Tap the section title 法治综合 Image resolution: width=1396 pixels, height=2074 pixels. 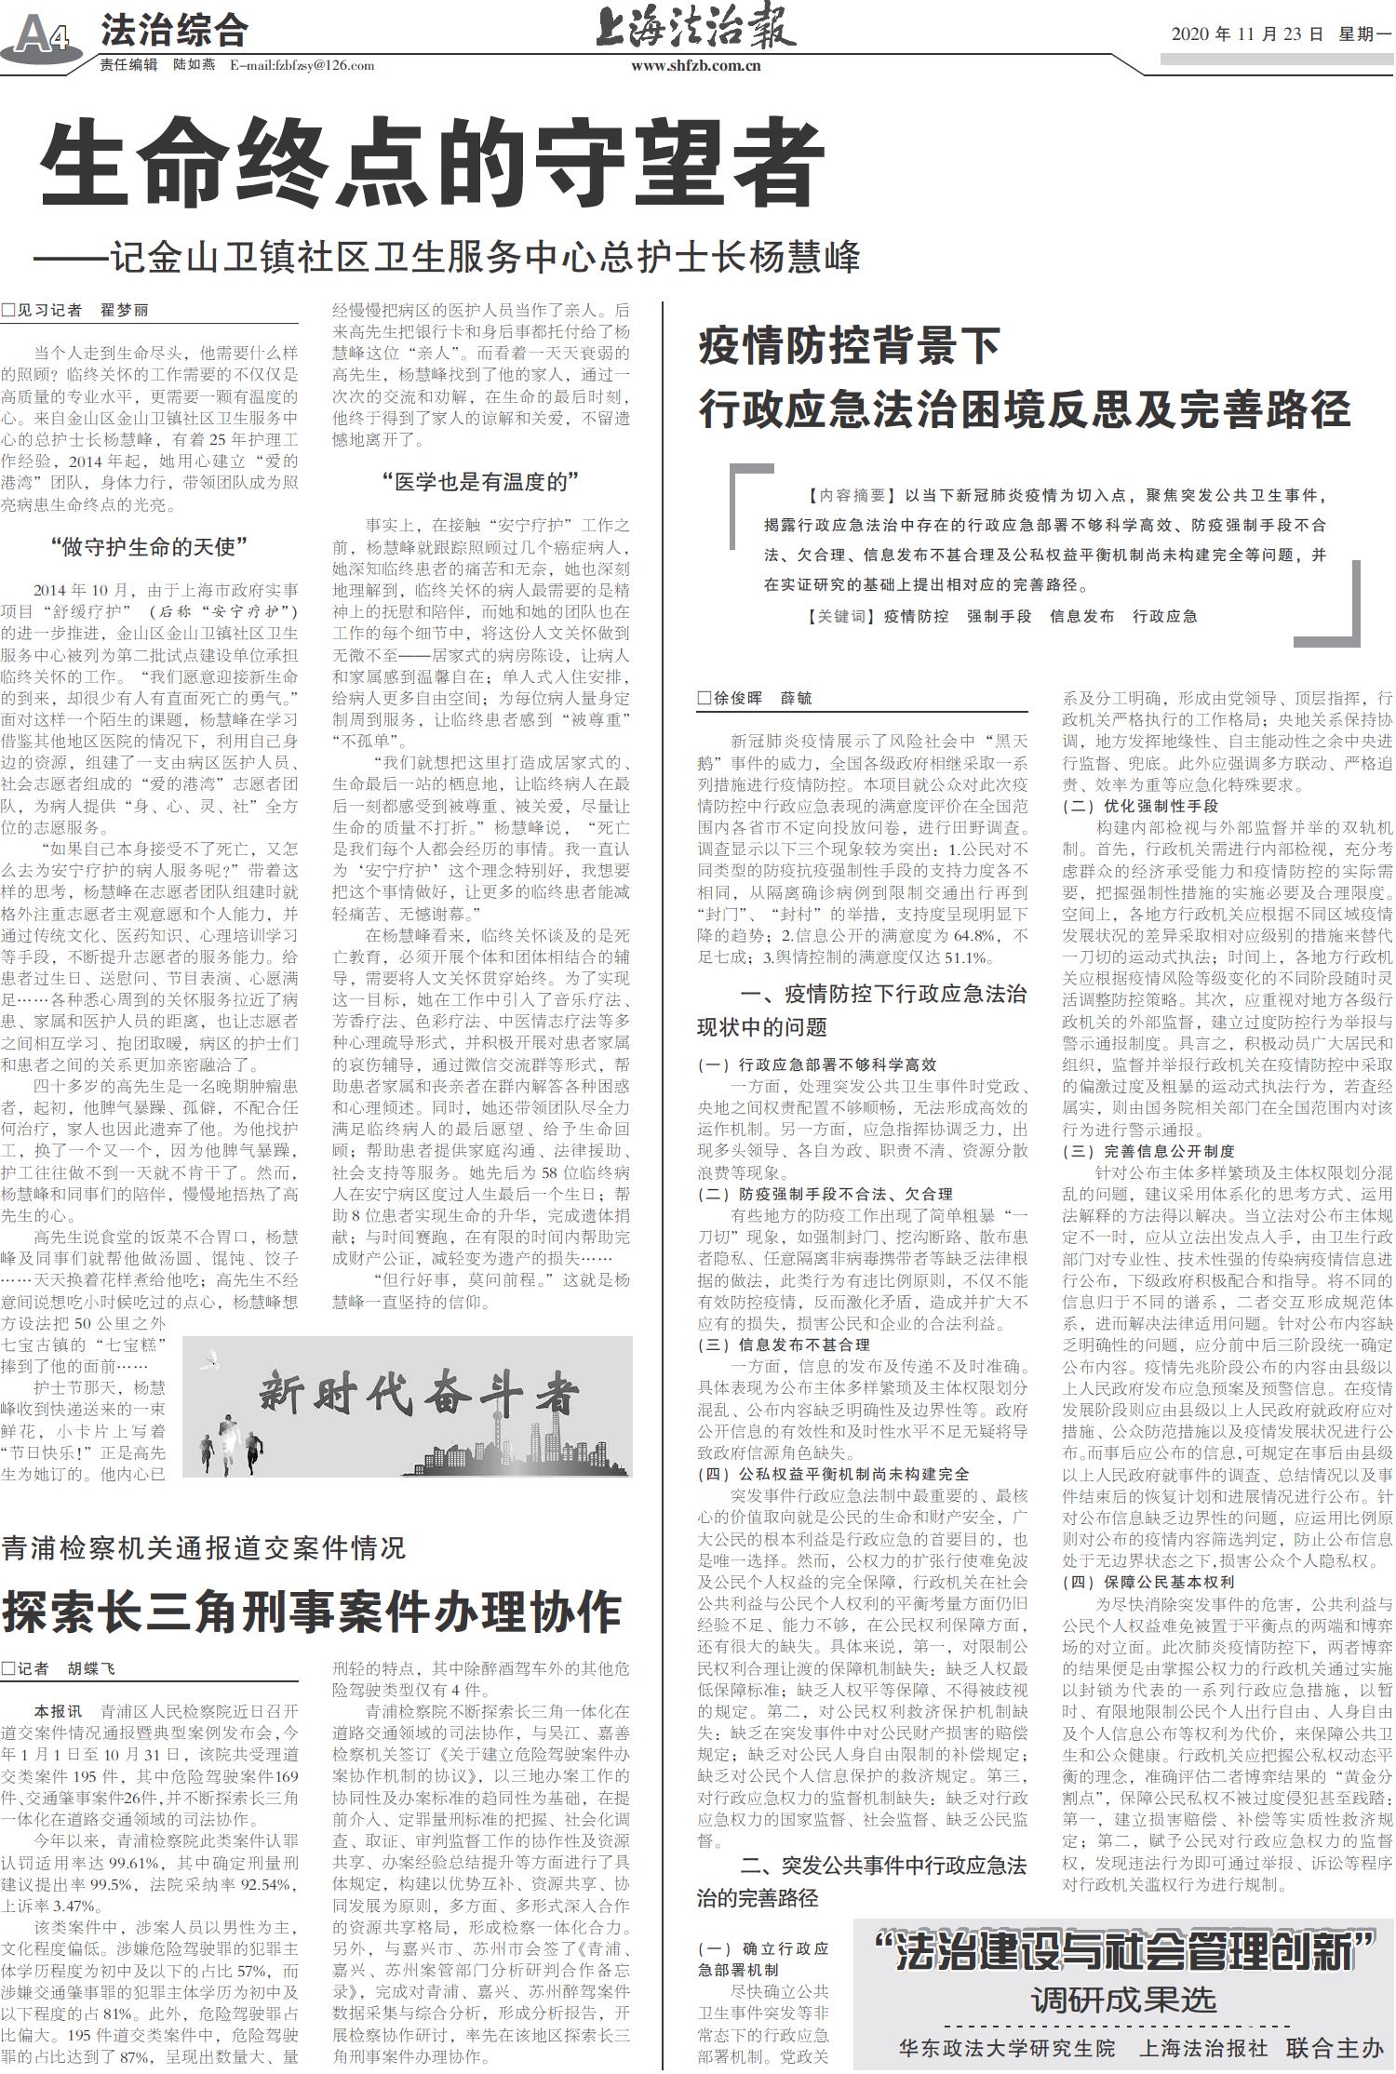174,31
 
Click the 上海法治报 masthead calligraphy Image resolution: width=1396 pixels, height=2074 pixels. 695,28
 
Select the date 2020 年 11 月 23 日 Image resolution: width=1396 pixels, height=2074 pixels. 1246,34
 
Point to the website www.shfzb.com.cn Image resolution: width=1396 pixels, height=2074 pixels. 695,66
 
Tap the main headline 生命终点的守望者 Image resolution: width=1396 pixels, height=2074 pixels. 431,167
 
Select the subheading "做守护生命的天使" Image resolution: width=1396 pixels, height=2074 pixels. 149,547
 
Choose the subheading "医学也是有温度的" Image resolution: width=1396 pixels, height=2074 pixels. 480,482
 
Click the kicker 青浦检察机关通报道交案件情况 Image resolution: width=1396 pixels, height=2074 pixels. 203,1547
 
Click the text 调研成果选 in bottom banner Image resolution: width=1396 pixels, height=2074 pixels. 1123,2000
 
